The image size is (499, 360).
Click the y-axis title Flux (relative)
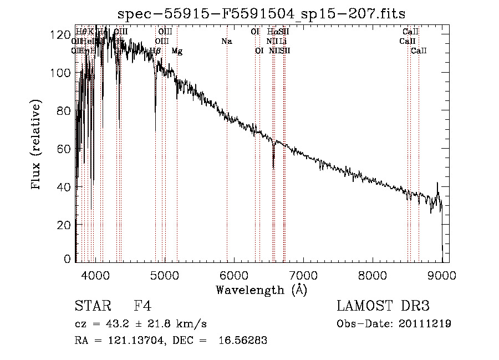point(37,146)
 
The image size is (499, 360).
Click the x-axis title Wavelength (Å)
point(261,290)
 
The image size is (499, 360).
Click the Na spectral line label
point(226,41)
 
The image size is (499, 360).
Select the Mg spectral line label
point(177,51)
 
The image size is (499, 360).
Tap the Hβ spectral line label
point(155,51)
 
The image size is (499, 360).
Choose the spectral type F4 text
point(142,306)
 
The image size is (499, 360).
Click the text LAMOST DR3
point(383,306)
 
